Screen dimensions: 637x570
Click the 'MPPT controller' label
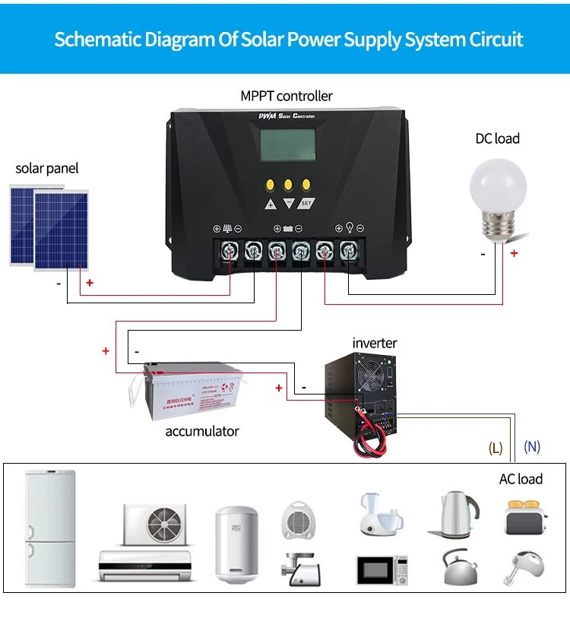coord(286,96)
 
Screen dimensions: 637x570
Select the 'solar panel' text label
coord(47,168)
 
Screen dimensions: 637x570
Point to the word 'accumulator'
coord(202,431)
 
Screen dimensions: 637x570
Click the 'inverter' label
coord(374,343)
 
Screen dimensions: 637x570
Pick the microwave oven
coord(382,569)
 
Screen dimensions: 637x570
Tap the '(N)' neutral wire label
coord(532,447)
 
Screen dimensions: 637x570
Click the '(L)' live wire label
coord(496,448)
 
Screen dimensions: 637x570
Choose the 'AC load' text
coord(521,479)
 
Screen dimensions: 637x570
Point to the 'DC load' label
coord(498,138)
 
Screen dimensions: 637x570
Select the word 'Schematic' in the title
coord(97,39)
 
